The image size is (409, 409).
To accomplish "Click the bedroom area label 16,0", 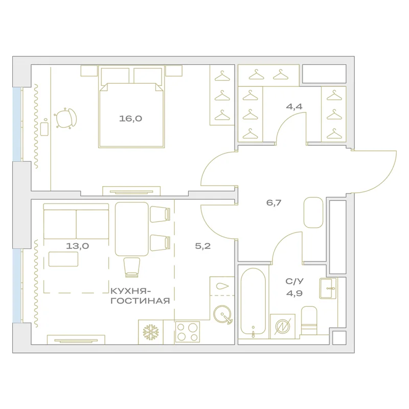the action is (x=130, y=119).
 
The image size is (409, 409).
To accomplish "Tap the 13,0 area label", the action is (x=78, y=246).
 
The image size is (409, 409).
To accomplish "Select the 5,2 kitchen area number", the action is (x=203, y=246).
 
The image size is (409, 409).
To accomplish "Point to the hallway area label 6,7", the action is (x=274, y=202).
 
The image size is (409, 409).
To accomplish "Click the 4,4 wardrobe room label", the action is (x=294, y=107).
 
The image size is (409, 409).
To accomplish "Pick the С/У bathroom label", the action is (x=294, y=281).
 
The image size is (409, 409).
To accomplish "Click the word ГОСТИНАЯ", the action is (x=140, y=301).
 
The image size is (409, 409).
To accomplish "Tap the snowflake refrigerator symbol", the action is (x=151, y=332).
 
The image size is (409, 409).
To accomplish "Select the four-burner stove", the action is (x=188, y=332).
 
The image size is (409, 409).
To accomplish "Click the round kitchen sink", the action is (x=222, y=314).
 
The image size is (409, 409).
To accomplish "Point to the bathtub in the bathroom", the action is (x=253, y=303).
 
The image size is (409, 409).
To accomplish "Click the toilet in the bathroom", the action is (x=309, y=321).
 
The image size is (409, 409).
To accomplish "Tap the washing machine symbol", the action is (x=283, y=326).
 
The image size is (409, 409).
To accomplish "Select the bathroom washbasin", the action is (x=328, y=288).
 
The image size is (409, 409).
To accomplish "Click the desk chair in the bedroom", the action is (x=66, y=119).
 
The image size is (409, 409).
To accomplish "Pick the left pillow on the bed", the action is (x=115, y=76).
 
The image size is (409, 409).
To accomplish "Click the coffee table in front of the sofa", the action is (x=63, y=259).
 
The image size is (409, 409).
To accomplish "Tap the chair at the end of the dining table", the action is (x=132, y=267).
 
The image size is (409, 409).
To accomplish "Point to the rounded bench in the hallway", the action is (x=313, y=212).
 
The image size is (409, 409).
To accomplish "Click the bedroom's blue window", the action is (x=17, y=124).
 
